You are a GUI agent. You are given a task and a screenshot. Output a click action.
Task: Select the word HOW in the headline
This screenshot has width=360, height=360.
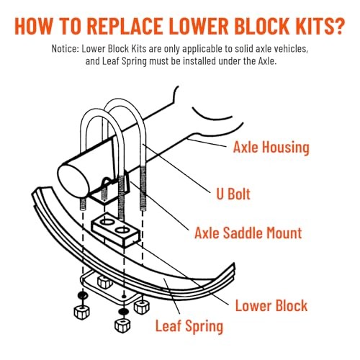(x=33, y=26)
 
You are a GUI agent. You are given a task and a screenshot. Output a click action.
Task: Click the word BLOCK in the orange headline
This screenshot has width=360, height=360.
(x=262, y=26)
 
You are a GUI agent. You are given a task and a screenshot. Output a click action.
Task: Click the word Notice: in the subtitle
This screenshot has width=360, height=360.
(x=66, y=49)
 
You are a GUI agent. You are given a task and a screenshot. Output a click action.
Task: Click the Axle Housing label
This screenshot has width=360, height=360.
(x=271, y=147)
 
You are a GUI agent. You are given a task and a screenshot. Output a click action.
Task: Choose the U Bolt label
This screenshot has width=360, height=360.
(x=233, y=194)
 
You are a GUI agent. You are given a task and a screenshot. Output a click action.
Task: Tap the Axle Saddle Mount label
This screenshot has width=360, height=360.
(x=248, y=233)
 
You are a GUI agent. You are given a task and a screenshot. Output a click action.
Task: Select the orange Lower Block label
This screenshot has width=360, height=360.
(x=271, y=305)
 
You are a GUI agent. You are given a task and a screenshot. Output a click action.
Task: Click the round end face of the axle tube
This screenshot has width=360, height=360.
(x=73, y=179)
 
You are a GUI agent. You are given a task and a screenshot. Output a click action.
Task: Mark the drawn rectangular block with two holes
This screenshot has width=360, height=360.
(x=116, y=229)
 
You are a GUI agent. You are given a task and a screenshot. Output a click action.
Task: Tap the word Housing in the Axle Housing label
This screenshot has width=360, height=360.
(x=286, y=147)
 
